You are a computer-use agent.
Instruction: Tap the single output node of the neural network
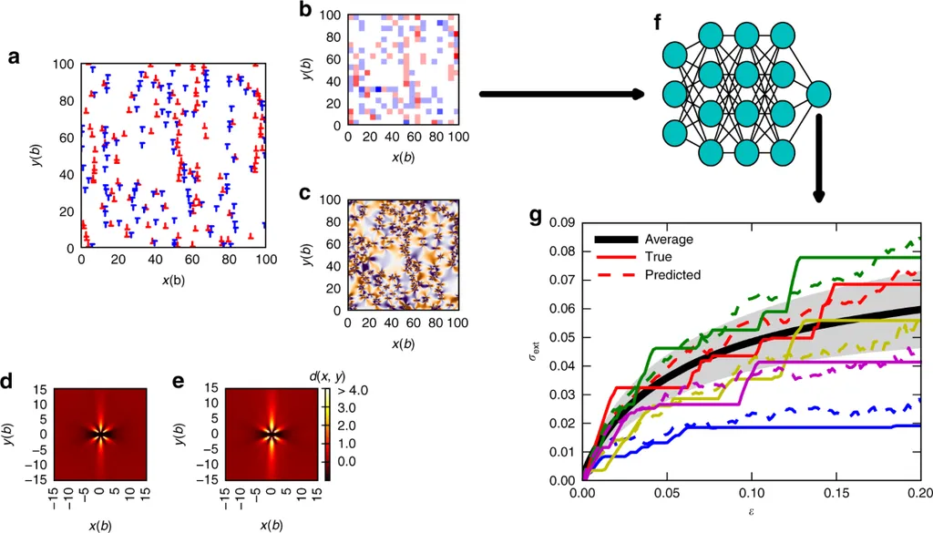pyautogui.click(x=819, y=94)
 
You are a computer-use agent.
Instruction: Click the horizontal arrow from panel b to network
pyautogui.click(x=560, y=94)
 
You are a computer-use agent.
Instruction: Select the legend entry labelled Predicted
pyautogui.click(x=672, y=274)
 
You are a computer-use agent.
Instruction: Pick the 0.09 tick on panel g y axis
pyautogui.click(x=564, y=221)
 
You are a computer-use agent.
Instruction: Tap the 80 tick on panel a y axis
pyautogui.click(x=65, y=102)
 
